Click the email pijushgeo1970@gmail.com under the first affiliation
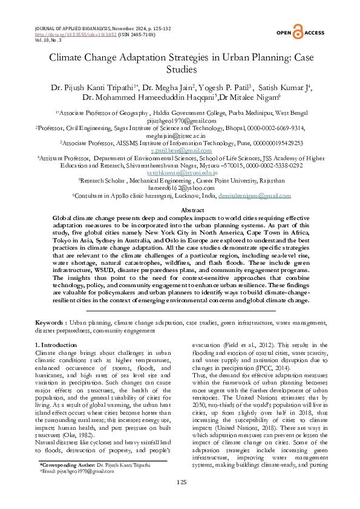(x=180, y=120)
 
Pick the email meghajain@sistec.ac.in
(x=180, y=137)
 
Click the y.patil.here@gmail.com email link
(x=180, y=150)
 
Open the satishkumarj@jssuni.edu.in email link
(x=180, y=172)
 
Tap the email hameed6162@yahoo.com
(x=180, y=187)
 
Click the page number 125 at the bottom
(x=180, y=482)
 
